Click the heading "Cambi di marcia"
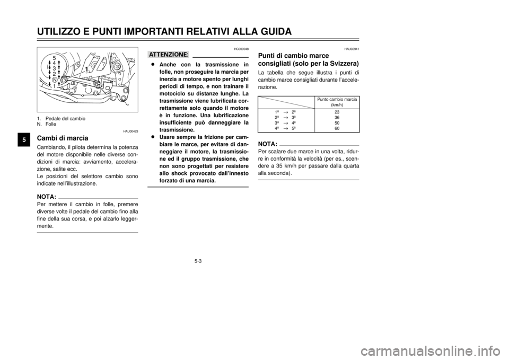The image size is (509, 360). coord(63,138)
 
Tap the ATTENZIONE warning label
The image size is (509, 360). coord(169,54)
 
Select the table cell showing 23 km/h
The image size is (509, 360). coord(337,112)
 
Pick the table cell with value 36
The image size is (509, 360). coord(337,118)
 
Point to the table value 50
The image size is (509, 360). coord(337,123)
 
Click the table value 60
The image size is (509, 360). coord(337,128)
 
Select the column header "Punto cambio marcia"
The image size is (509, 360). coord(337,100)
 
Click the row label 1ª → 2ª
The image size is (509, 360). coord(282,112)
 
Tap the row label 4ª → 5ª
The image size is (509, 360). coord(282,128)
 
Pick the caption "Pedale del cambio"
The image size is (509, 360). coord(65,118)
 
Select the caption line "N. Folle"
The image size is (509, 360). coord(47,124)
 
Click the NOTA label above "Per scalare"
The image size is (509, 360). coord(267,144)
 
